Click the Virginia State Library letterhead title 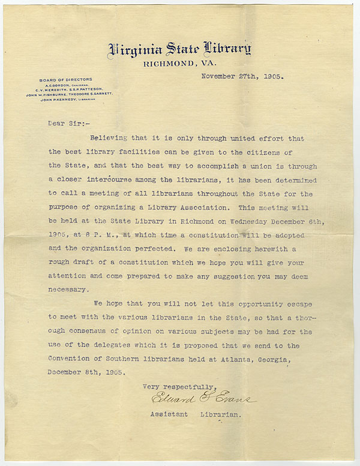tap(179, 50)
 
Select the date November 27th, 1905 tap(242, 77)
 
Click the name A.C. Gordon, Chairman tap(56, 85)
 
